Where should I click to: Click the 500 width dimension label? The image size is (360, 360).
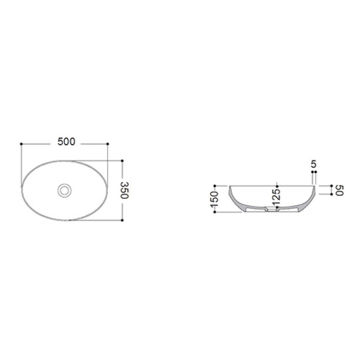point(66,142)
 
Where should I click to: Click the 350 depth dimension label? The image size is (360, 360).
point(125,190)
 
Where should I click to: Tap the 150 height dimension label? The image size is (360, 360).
point(214,199)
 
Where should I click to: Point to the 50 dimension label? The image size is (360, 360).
point(340,190)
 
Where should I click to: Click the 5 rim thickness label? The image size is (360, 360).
point(314,164)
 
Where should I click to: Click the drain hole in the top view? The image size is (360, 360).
point(64,190)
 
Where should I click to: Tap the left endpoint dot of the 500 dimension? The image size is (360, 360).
point(21,144)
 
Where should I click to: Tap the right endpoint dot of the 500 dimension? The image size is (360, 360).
point(108,144)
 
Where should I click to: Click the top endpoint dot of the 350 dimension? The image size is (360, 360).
point(122,161)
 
